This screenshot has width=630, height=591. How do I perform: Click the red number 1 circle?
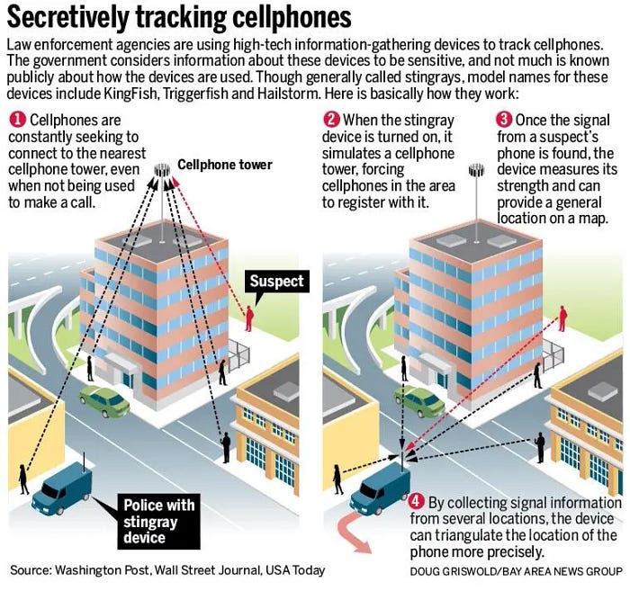[x=17, y=121]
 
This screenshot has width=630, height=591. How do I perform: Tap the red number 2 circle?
[x=331, y=121]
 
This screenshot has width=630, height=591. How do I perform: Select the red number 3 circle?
[x=504, y=121]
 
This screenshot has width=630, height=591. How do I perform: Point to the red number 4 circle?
[x=416, y=502]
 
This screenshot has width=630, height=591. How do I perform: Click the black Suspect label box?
[x=276, y=282]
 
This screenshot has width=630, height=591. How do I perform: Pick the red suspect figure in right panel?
[x=563, y=317]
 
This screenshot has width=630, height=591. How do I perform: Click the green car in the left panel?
[x=104, y=401]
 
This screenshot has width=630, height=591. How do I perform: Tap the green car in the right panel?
[x=418, y=401]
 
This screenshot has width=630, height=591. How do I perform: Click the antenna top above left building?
[x=163, y=170]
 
